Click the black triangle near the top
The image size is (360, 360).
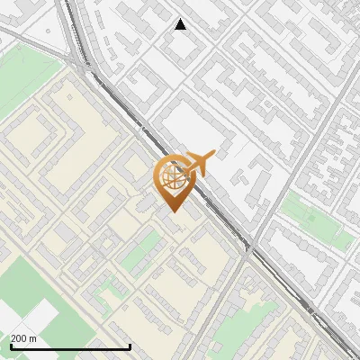180,25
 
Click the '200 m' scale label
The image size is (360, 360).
23,338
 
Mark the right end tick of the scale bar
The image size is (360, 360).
130,346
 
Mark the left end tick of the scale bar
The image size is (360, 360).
10,346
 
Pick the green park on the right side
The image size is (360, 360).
315,221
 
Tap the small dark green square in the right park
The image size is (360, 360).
310,217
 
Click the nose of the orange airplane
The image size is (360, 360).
212,156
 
